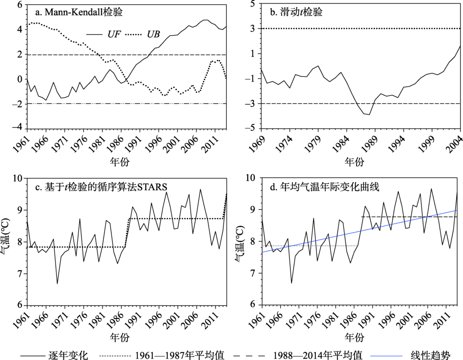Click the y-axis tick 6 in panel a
click(19, 5)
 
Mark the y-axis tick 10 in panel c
click(18, 179)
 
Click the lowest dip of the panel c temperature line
click(57, 283)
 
